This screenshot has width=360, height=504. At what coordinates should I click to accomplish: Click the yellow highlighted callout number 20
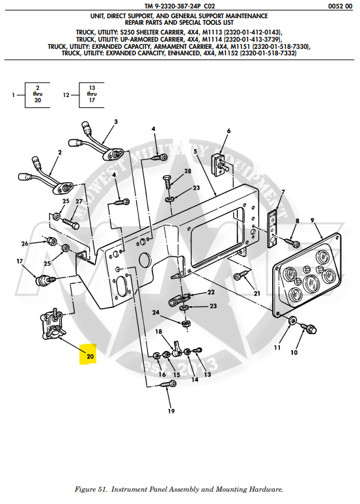(90, 356)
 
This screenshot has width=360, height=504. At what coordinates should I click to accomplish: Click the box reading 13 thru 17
(92, 95)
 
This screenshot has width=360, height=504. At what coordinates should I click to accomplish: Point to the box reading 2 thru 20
(38, 95)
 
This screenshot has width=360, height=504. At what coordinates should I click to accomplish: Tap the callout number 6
(228, 131)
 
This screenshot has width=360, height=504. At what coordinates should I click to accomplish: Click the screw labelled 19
(165, 387)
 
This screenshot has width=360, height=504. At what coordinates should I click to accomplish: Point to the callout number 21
(256, 294)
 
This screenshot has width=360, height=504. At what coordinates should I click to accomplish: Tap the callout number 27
(79, 201)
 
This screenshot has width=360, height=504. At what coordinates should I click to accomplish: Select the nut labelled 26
(51, 242)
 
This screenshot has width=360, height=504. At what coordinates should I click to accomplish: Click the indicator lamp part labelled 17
(45, 281)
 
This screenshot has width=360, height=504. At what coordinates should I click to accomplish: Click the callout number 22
(211, 292)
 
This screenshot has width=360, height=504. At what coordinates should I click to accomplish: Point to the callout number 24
(156, 313)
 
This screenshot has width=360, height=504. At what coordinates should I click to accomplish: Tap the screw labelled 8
(294, 244)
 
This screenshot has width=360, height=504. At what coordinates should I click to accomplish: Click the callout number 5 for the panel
(195, 152)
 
